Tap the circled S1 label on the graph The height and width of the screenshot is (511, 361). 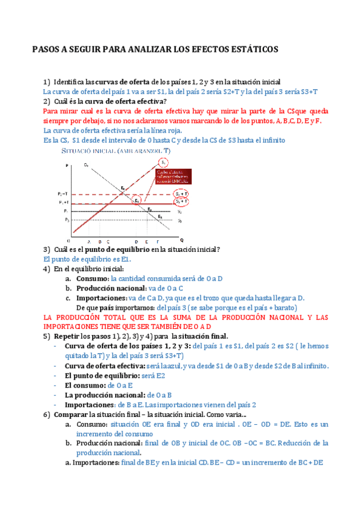(x=163, y=162)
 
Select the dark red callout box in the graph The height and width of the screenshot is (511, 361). (x=172, y=177)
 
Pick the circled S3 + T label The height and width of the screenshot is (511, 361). (x=180, y=202)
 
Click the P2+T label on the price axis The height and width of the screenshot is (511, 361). (x=63, y=194)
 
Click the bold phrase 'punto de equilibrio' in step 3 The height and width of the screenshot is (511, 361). (x=116, y=249)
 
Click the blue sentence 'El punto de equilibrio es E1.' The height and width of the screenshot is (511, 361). (x=87, y=259)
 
